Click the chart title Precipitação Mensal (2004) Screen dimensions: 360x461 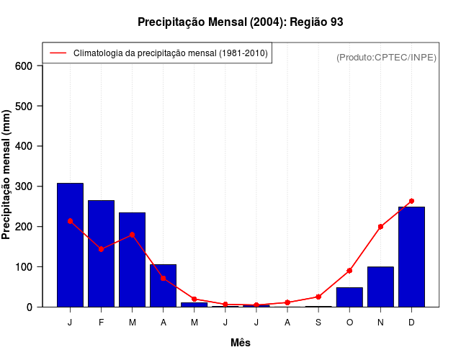(x=240, y=22)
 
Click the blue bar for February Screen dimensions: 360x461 (x=101, y=253)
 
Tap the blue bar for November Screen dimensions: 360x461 (x=380, y=287)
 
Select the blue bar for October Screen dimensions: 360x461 (x=349, y=297)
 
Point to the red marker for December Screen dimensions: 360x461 (x=411, y=202)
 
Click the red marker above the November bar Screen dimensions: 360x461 (x=380, y=227)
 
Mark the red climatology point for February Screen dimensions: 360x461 (x=101, y=249)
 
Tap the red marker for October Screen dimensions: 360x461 (x=349, y=271)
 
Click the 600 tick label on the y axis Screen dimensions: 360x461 (x=24, y=66)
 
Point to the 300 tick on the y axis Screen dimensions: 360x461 (x=24, y=186)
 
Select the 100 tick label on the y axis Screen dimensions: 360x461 (x=24, y=267)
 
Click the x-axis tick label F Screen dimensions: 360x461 (x=101, y=323)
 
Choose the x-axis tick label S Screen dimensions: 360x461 (x=318, y=323)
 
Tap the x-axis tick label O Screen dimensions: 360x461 (x=349, y=323)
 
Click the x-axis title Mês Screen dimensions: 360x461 (x=240, y=343)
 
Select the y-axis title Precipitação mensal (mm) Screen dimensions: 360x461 (x=7, y=175)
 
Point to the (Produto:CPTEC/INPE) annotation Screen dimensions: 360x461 (x=387, y=57)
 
